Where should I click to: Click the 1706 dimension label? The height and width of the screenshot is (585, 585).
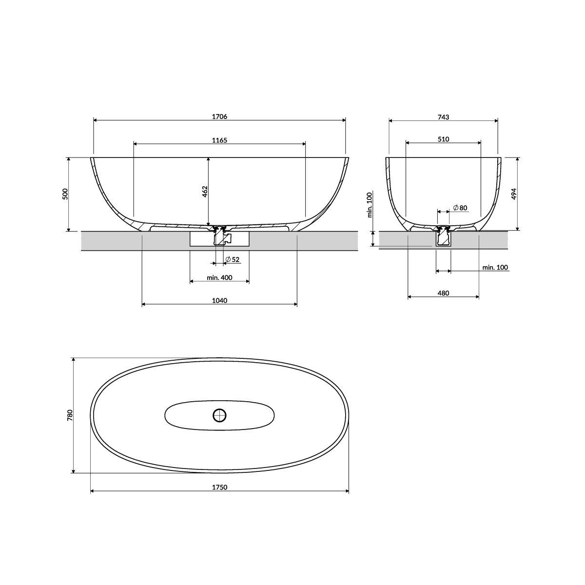click(x=219, y=117)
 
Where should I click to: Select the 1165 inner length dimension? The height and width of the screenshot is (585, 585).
click(x=219, y=140)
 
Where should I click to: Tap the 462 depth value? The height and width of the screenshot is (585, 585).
click(x=205, y=192)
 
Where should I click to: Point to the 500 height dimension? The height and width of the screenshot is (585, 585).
click(x=65, y=194)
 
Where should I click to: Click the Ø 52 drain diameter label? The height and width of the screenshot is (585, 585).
click(x=232, y=259)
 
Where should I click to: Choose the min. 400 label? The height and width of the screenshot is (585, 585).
click(x=219, y=277)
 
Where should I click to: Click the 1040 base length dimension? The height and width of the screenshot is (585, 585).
click(x=219, y=300)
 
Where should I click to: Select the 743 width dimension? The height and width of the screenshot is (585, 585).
click(x=443, y=117)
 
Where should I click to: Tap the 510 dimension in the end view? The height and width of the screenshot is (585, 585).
click(x=443, y=139)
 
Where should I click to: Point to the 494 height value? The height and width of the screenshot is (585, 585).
click(x=514, y=194)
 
